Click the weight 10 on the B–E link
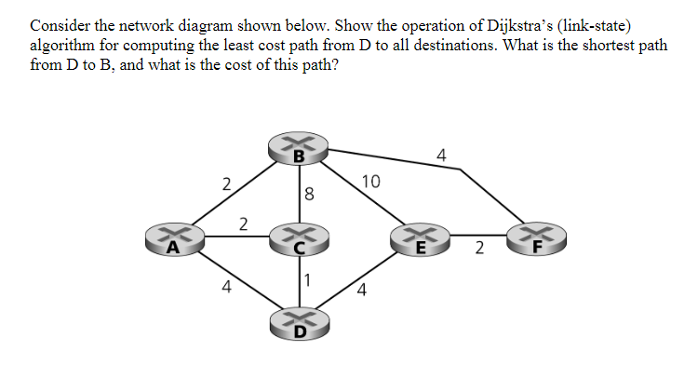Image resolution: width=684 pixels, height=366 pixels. coord(369,182)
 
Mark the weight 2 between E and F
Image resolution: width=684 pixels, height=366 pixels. coord(479,249)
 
